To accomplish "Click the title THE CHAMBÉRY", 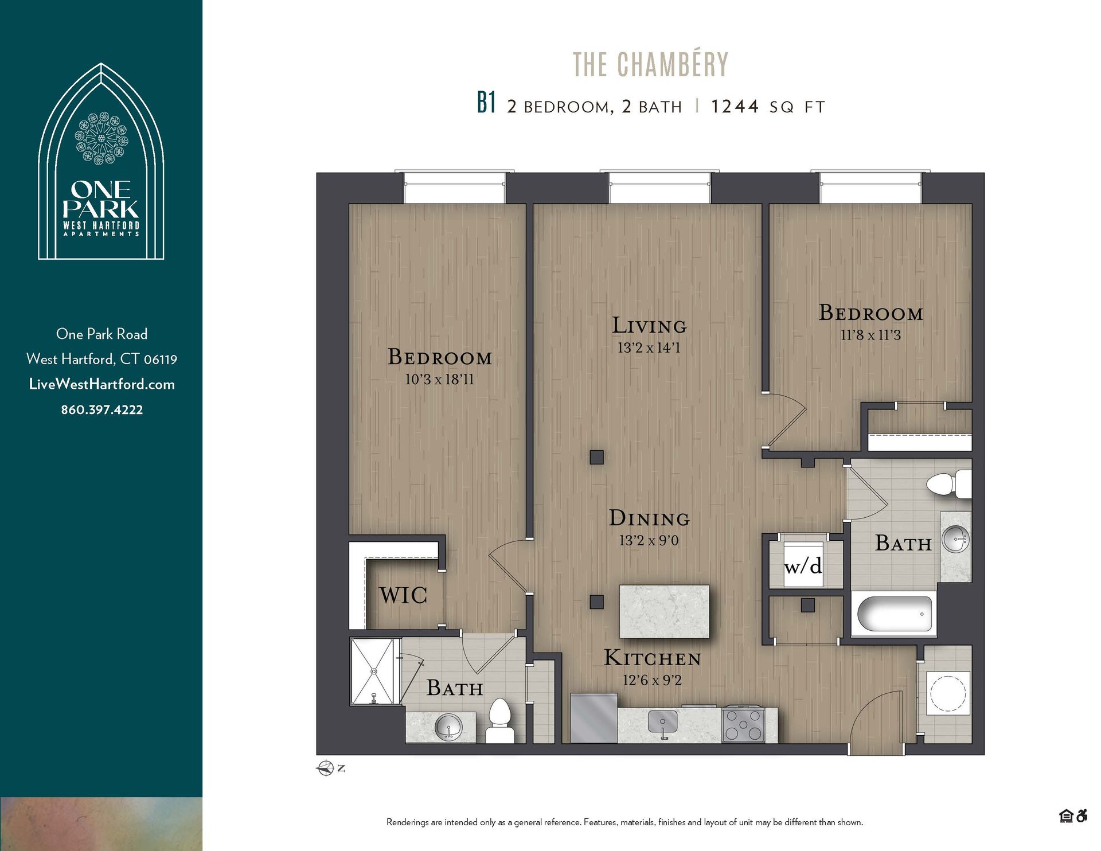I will (650, 64).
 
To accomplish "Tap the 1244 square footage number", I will (735, 107).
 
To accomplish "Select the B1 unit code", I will (486, 104).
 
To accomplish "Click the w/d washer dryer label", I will (803, 566).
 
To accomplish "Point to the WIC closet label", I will (403, 595).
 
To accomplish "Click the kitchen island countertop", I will (664, 611).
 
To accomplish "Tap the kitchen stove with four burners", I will (743, 725).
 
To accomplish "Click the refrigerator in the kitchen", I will (594, 717).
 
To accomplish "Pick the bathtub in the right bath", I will (893, 614).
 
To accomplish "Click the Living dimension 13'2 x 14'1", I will (649, 348).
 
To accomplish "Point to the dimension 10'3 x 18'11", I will (439, 380).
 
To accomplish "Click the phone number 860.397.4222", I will (102, 410).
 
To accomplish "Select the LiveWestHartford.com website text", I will (102, 384).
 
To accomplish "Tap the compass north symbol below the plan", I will (326, 768).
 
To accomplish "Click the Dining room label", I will (649, 518).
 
